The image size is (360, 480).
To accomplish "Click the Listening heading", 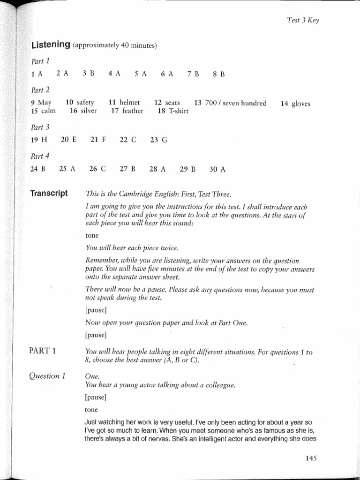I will point(50,45).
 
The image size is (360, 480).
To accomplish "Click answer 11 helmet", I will point(124,103).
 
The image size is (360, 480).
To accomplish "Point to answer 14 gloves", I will point(295,104).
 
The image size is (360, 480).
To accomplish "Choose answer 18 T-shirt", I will point(173,111).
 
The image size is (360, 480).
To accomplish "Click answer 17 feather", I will point(127,111).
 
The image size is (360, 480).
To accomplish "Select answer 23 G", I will point(158,140).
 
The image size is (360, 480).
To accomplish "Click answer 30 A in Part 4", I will point(217,170).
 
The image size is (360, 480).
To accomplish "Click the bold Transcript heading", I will point(49,194).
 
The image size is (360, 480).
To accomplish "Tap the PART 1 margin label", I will point(42,351).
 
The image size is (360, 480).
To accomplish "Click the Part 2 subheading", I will point(40,90).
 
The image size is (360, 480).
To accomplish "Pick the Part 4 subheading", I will point(40,157).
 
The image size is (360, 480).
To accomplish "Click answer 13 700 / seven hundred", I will point(230,103).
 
